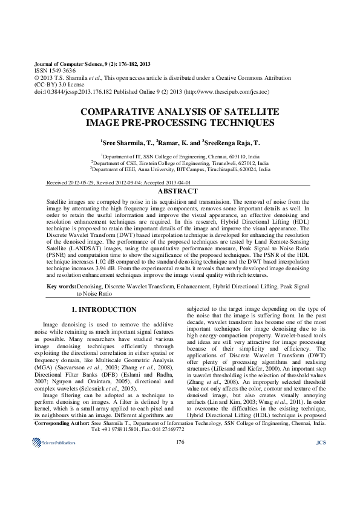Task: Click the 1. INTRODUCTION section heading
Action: pyautogui.click(x=104, y=310)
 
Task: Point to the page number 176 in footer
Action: pyautogui.click(x=180, y=494)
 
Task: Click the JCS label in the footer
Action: pyautogui.click(x=321, y=494)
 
